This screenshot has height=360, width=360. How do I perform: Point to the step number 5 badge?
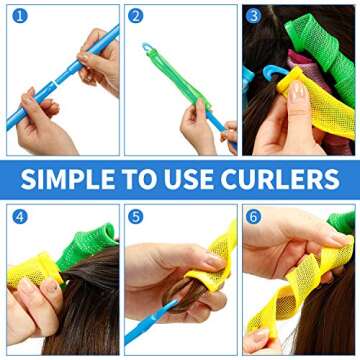pos(136,217)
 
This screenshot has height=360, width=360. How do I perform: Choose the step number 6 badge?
pos(254,217)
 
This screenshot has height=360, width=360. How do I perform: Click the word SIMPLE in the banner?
pos(70,180)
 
